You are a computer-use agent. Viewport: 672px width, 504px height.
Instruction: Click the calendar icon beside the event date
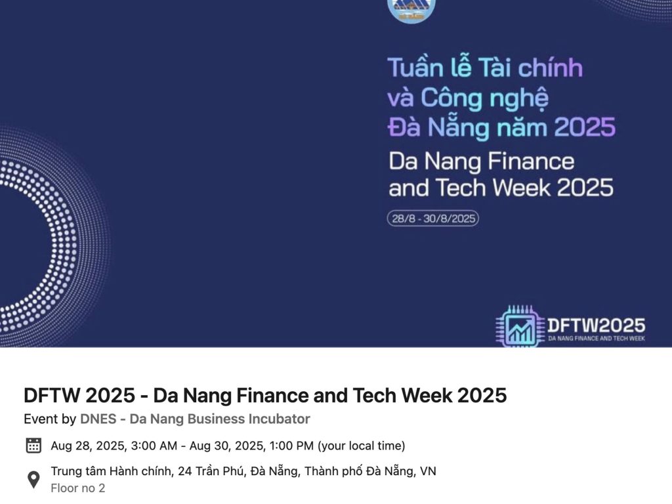tap(33, 446)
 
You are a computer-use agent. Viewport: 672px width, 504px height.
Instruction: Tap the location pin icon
tap(33, 480)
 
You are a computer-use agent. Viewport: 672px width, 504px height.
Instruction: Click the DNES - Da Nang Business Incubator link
tap(195, 419)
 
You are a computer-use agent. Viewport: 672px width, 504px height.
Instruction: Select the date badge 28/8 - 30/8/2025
tap(432, 219)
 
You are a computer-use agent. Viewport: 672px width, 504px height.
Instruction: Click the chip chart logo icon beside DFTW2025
tap(520, 327)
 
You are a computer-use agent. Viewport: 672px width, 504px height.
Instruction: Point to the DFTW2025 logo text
tap(596, 325)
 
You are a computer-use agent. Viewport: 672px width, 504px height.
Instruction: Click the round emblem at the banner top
tap(411, 9)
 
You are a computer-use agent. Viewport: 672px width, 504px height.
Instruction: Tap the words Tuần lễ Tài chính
tap(484, 68)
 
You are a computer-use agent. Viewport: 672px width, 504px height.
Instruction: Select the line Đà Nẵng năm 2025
tap(501, 127)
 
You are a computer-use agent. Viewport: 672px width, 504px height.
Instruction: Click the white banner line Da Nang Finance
tap(481, 161)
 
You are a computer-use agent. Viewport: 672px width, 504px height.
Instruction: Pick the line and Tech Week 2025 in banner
tap(501, 188)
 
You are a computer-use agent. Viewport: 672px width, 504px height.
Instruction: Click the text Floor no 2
tap(77, 488)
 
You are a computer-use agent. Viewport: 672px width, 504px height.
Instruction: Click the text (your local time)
tap(362, 446)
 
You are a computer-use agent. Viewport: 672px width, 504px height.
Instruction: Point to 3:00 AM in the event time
tap(154, 446)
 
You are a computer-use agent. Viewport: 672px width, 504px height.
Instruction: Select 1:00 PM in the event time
tap(291, 446)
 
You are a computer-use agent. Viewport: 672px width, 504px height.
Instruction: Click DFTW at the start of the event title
tap(52, 395)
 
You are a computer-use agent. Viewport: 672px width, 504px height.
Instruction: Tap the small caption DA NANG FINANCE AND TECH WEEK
tap(596, 338)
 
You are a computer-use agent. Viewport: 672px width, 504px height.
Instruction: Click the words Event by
tap(50, 419)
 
